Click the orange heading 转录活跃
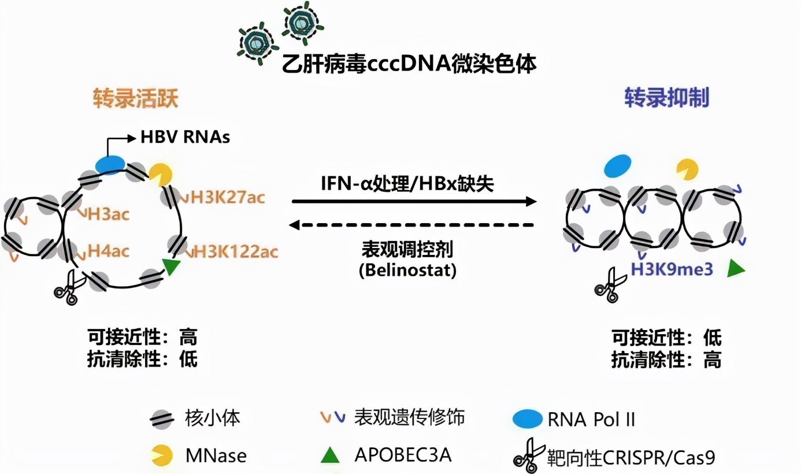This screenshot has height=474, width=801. click(x=135, y=99)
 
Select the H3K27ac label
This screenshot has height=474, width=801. click(x=227, y=197)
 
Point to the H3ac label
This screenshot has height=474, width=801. click(x=108, y=214)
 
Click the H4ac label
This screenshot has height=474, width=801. click(x=108, y=251)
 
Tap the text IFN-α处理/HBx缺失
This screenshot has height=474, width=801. click(x=407, y=183)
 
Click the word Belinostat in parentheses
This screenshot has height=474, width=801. click(x=407, y=271)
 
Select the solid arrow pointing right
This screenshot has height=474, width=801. click(x=414, y=201)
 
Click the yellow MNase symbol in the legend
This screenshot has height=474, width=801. click(x=161, y=456)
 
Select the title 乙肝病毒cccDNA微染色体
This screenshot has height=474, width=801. click(x=409, y=62)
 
